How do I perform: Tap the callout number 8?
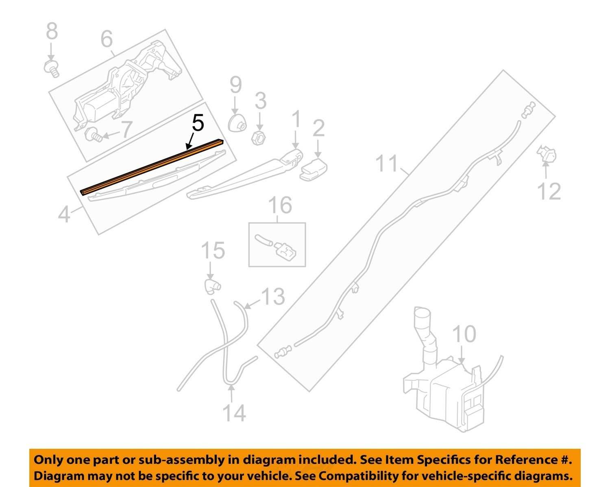(x=52, y=31)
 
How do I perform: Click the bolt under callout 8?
(x=52, y=69)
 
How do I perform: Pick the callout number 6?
(x=107, y=39)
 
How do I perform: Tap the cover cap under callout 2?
(x=313, y=169)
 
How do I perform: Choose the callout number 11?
(x=387, y=163)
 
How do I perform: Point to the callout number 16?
(x=280, y=205)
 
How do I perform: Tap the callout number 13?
(x=273, y=297)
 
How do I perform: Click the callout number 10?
(x=464, y=334)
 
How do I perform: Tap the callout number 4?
(x=64, y=214)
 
